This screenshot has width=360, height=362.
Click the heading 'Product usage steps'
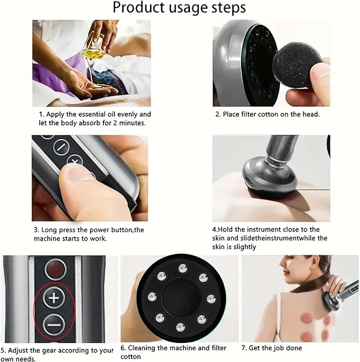tap(180, 8)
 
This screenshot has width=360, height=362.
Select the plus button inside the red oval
tap(54, 298)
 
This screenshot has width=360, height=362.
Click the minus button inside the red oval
tap(54, 323)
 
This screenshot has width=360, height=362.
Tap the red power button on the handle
tap(54, 269)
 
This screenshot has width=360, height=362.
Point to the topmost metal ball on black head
tap(183, 268)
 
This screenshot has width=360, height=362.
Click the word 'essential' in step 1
tap(98, 114)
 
